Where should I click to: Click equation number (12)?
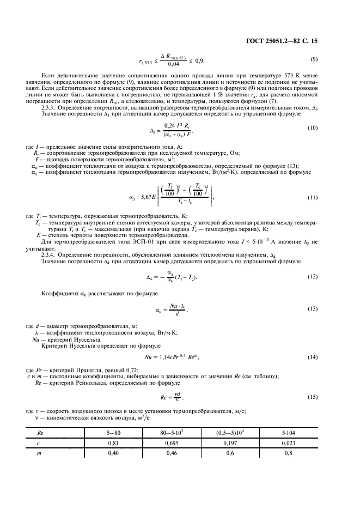click(314, 277)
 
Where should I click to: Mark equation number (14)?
click(314, 356)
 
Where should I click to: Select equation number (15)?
click(314, 397)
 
